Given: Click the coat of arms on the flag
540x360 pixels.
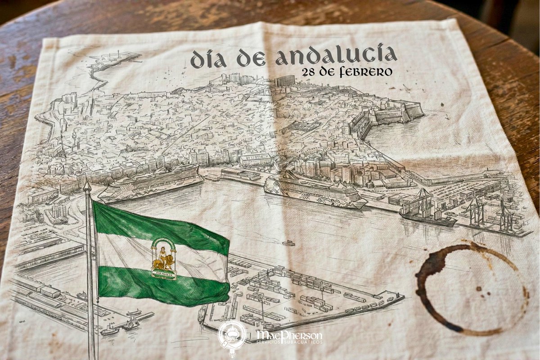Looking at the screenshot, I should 163,259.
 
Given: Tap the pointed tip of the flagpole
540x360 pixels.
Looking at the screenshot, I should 87,185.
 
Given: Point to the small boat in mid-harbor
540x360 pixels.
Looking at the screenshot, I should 288,243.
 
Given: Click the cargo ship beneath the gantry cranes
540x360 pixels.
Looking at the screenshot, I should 427,219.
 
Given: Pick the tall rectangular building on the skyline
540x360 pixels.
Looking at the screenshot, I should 284,81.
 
